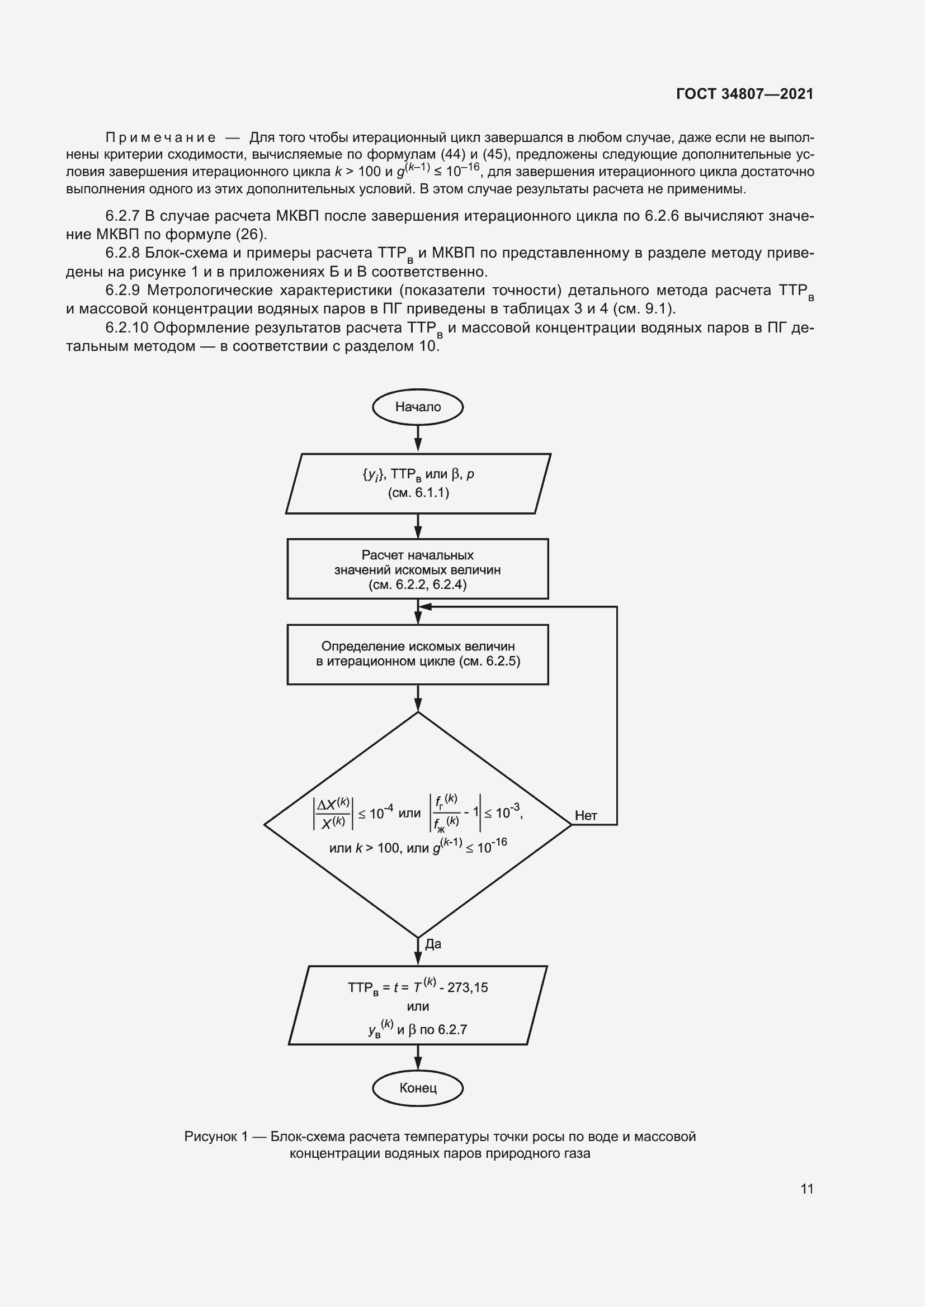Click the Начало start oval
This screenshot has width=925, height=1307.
pos(418,406)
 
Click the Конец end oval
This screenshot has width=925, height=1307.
pos(418,1088)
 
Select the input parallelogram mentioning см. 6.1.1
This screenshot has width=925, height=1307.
pos(418,483)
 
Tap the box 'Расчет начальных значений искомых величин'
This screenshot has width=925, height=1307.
pos(418,569)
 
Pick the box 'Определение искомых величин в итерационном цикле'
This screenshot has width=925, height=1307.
pos(418,654)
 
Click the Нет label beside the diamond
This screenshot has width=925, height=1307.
pos(586,815)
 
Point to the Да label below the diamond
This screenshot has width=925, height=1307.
pos(433,944)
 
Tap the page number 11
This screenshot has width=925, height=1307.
pos(806,1189)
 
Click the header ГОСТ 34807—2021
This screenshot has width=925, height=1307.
pos(744,94)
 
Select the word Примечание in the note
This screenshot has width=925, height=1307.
pos(161,138)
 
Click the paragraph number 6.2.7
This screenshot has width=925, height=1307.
pos(122,216)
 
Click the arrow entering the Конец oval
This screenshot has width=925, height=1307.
pos(418,1058)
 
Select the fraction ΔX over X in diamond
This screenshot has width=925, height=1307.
pos(333,814)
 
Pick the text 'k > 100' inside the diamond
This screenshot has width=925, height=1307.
pos(377,848)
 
